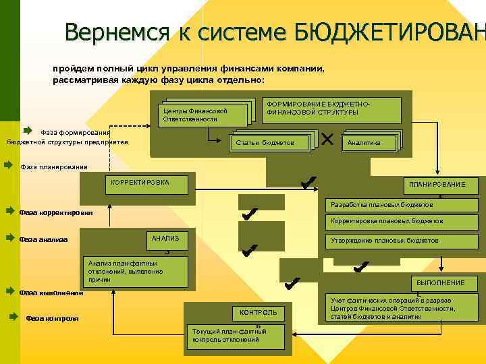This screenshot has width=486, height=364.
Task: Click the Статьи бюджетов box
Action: coord(272,143)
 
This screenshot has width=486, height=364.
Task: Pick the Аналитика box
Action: coord(370,143)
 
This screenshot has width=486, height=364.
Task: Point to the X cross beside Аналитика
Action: coord(328,140)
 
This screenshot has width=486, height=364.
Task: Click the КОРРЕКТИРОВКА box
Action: coord(138,182)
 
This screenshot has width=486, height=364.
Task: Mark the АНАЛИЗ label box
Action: coord(165,239)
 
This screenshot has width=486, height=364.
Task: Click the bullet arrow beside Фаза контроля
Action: coord(14,315)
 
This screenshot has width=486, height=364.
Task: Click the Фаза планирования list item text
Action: coord(54,167)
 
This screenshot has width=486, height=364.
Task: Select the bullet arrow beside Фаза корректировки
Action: coord(9,211)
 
